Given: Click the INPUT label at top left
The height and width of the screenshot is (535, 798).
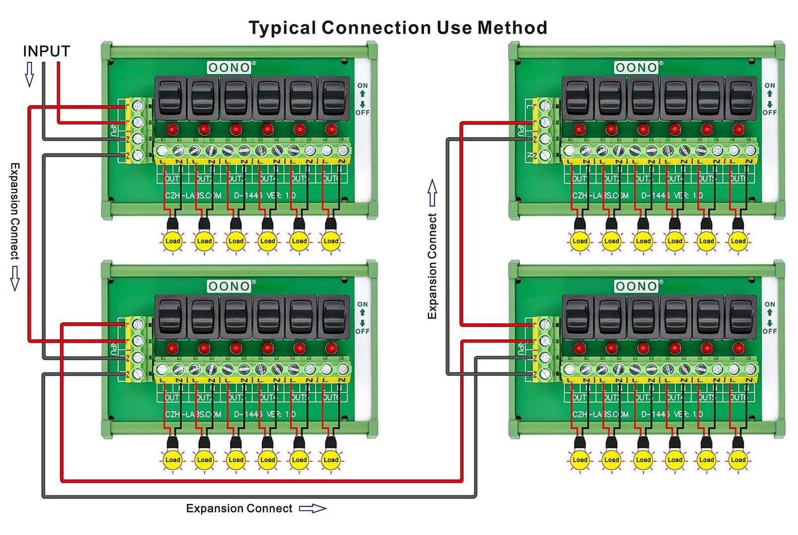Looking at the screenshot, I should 46,52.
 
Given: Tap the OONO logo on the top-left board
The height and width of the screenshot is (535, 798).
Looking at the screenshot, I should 229,67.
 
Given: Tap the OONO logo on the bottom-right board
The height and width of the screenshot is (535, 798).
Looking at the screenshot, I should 636,286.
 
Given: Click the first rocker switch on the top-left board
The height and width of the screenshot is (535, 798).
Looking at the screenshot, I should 171,98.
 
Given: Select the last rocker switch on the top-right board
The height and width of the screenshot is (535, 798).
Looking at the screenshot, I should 740,98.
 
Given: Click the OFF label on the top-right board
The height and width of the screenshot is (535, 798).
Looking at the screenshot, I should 770,113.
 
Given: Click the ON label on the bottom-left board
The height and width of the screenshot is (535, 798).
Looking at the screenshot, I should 362,304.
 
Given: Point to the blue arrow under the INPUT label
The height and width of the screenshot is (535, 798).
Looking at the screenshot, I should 29,74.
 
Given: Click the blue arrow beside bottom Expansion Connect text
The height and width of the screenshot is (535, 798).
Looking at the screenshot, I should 313,508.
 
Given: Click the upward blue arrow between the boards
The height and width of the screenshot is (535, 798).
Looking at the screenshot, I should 432,192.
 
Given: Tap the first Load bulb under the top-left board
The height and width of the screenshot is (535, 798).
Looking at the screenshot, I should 173,241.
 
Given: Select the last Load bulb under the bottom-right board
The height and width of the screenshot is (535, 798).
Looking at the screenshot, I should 738,460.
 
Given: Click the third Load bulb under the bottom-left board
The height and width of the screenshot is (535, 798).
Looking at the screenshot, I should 236,460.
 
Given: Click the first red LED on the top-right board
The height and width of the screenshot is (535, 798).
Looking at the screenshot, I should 579,130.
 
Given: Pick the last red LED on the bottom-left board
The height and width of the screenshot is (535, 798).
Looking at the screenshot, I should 331,348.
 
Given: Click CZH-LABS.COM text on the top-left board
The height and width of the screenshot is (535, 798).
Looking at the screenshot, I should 194,195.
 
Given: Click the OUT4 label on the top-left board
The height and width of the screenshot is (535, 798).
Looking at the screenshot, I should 267,178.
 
